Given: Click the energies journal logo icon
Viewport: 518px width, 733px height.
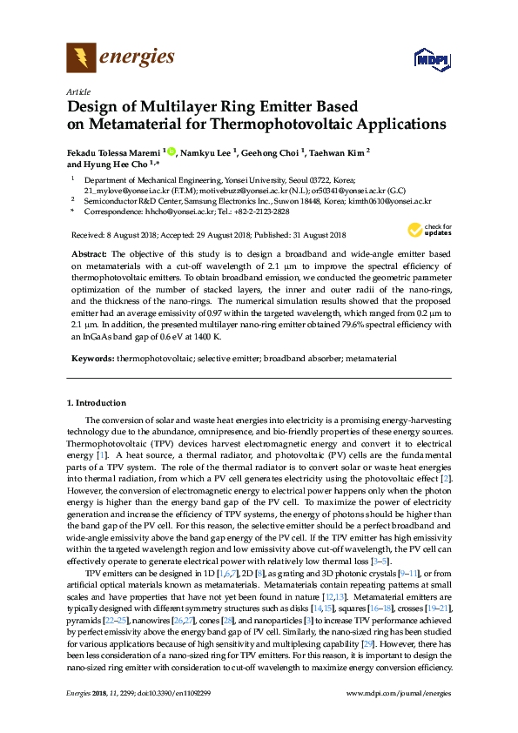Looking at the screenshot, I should (x=80, y=58).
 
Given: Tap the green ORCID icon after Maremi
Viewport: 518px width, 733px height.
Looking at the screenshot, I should (x=172, y=151).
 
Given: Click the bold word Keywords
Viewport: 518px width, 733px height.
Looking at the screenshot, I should (x=91, y=358).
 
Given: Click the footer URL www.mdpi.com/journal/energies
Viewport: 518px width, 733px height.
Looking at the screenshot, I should (x=398, y=716).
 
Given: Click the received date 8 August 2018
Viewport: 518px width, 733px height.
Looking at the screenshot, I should (x=124, y=235).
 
